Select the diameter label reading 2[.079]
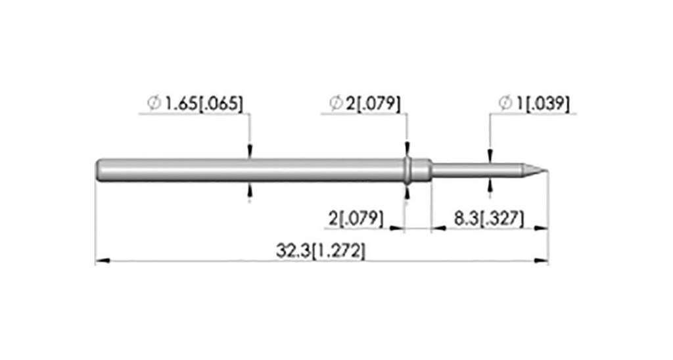[373, 103]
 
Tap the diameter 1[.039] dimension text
[545, 103]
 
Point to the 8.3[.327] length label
[489, 219]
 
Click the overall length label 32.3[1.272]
[321, 251]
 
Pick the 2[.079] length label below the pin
[356, 219]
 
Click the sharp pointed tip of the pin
[547, 170]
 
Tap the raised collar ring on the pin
[407, 170]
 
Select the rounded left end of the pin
[99, 170]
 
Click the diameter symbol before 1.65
[154, 103]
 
